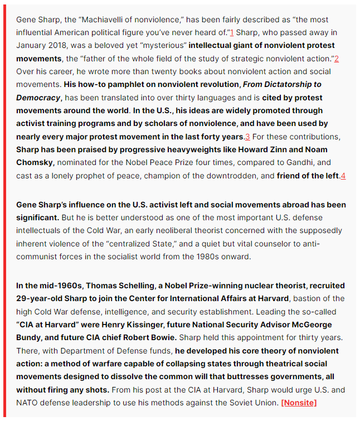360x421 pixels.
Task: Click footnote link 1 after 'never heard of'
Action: click(231, 32)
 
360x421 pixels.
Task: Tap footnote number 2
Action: click(337, 59)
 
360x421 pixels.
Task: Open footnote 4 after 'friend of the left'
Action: click(343, 176)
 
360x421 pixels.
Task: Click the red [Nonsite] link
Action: click(299, 403)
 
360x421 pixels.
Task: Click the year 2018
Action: click(61, 46)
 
